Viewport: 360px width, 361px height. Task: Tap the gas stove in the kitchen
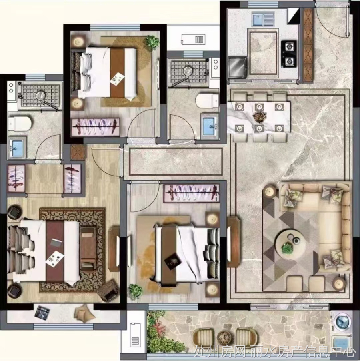pyautogui.click(x=289, y=54)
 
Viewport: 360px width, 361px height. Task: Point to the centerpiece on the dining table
pyautogui.click(x=259, y=117)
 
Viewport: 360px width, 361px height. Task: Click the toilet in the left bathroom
pyautogui.click(x=20, y=124)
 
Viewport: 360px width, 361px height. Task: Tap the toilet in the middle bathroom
pyautogui.click(x=207, y=100)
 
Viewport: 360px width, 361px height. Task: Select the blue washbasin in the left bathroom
pyautogui.click(x=17, y=148)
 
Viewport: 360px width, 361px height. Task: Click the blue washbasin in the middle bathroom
pyautogui.click(x=209, y=126)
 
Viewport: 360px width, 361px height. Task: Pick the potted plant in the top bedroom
pyautogui.click(x=152, y=42)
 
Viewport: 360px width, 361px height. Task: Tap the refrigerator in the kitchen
pyautogui.click(x=237, y=67)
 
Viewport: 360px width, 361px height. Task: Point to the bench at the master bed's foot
pyautogui.click(x=88, y=249)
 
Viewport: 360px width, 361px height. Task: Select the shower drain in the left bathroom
pyautogui.click(x=41, y=95)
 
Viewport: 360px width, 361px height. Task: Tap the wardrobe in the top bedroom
pyautogui.click(x=96, y=127)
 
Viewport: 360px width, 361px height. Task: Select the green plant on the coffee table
pyautogui.click(x=287, y=248)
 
